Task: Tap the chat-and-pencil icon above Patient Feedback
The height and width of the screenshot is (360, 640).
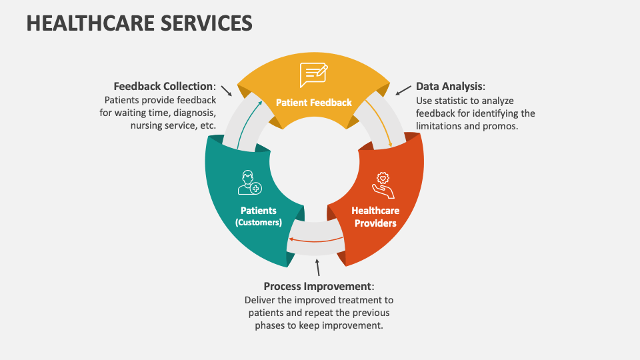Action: [x=313, y=75]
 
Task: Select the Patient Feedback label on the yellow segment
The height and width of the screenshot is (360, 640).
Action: [x=314, y=103]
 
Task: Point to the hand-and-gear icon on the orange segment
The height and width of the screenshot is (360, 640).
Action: [x=383, y=185]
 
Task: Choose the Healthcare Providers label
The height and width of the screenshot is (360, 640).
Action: [x=375, y=217]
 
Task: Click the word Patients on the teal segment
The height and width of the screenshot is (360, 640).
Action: [x=259, y=211]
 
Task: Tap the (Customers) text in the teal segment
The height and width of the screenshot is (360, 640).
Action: [x=259, y=223]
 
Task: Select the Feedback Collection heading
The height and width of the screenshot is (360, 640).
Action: [x=164, y=87]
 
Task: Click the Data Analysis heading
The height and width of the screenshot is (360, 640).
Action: [x=449, y=87]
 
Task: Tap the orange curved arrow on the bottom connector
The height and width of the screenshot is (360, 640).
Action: [x=317, y=241]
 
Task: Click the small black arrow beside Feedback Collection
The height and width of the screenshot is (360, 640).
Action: [x=226, y=90]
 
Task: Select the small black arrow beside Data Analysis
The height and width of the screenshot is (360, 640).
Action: [x=403, y=89]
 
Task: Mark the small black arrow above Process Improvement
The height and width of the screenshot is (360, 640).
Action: [x=318, y=267]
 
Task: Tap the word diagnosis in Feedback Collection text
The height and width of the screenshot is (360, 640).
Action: [x=191, y=113]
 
